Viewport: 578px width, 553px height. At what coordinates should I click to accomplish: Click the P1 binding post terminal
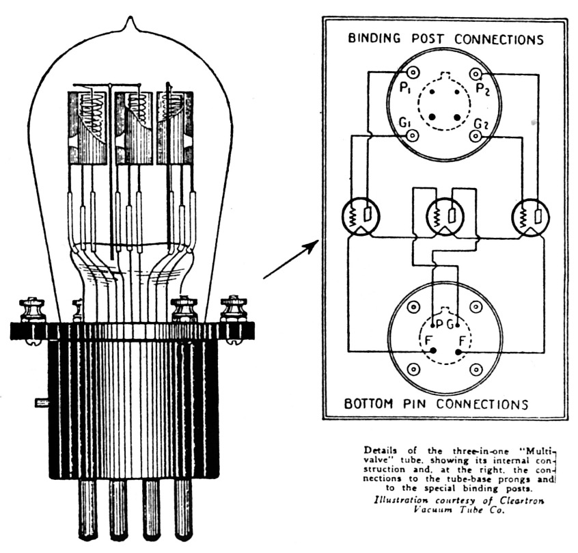pos(412,72)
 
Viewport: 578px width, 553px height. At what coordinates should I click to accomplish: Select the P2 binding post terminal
pos(476,72)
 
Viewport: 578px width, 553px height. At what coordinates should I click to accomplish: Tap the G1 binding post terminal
pos(412,135)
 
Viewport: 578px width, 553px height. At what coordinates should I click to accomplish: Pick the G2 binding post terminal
pos(476,135)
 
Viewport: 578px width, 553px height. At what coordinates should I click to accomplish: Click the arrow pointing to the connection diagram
pos(290,260)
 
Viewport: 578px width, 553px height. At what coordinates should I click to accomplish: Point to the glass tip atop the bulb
pos(129,26)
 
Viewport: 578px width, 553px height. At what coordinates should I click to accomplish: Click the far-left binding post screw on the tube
pos(31,311)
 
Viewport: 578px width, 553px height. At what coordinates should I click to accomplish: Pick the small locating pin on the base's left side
pos(40,403)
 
